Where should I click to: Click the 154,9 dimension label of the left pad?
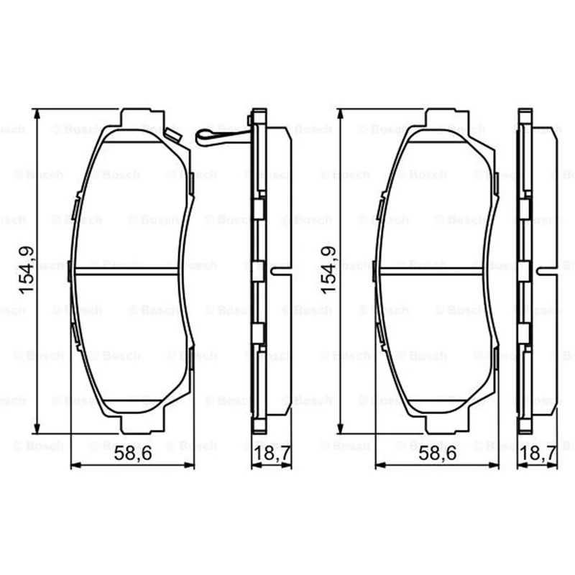pyautogui.click(x=27, y=270)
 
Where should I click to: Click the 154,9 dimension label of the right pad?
pyautogui.click(x=328, y=270)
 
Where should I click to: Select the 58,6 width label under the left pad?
pyautogui.click(x=133, y=454)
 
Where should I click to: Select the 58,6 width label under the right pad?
pyautogui.click(x=438, y=454)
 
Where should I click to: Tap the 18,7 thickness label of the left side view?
pyautogui.click(x=272, y=454)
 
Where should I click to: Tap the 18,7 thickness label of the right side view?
pyautogui.click(x=538, y=454)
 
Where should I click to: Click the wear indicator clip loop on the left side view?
pyautogui.click(x=206, y=138)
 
